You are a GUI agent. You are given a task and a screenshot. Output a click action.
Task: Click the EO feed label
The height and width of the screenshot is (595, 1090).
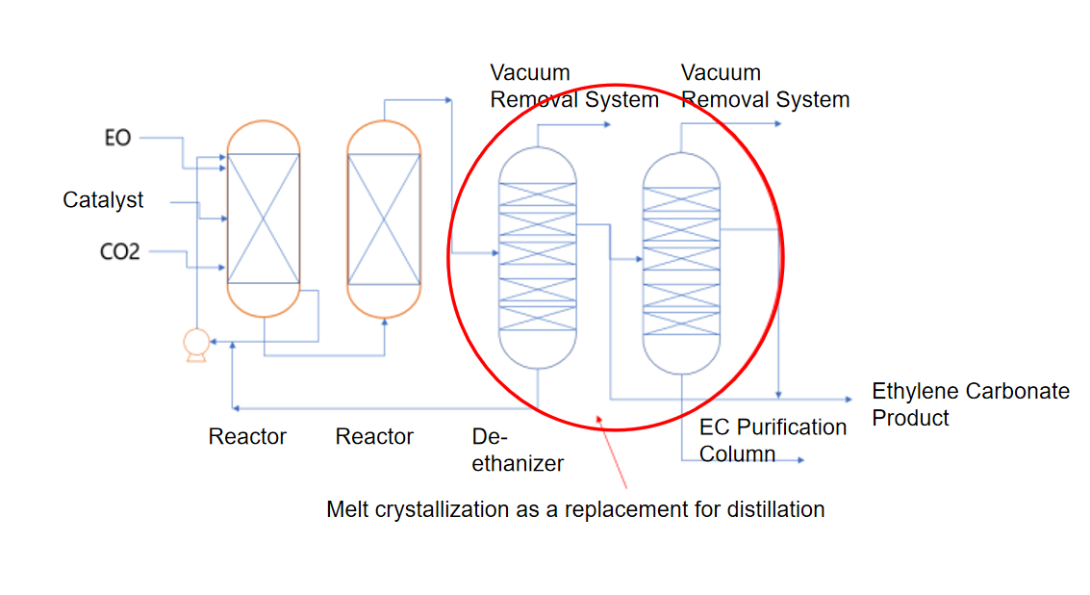(116, 138)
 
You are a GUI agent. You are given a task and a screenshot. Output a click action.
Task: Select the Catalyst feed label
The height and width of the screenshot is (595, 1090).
(103, 200)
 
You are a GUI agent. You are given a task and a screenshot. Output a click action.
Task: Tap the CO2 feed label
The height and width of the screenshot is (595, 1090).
(119, 252)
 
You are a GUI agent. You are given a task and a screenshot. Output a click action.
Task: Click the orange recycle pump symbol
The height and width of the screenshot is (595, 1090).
(195, 345)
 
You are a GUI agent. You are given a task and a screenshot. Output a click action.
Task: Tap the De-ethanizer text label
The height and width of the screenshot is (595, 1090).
(517, 450)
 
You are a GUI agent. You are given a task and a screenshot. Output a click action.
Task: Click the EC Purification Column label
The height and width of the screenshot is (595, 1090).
(772, 440)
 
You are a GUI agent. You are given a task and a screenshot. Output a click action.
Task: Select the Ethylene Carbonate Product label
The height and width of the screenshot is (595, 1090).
(970, 404)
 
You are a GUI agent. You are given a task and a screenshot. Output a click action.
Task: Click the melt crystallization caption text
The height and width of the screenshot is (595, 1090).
(575, 509)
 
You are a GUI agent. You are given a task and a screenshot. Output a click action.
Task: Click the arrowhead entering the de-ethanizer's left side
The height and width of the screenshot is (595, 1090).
(494, 254)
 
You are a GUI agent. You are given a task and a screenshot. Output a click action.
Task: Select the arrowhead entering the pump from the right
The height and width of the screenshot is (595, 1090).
(215, 341)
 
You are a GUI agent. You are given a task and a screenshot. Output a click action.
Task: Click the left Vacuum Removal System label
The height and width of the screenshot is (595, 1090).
(574, 86)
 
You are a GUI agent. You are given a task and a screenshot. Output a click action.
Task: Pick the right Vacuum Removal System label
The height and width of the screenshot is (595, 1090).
(765, 86)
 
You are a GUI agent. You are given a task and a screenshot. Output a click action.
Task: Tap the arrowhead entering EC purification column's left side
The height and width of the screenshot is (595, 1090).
(638, 259)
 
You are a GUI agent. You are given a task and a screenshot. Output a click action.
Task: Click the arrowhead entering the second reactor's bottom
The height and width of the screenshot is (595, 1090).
(385, 323)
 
